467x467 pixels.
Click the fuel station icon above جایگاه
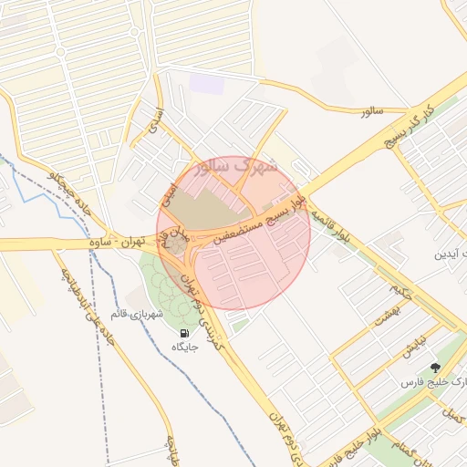185,334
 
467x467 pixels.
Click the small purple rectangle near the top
206,83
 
